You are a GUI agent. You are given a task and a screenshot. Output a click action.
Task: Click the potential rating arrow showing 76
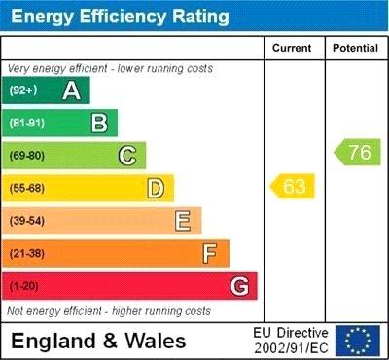coord(358,152)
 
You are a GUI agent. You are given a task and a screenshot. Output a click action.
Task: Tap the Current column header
coord(293,48)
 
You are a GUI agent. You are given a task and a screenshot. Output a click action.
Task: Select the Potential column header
coord(355,48)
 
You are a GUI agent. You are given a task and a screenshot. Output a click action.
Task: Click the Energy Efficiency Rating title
coord(120,17)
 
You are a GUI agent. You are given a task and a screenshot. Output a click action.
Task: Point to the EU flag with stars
coord(357,340)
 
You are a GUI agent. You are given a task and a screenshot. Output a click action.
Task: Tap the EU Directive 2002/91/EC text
coord(292,340)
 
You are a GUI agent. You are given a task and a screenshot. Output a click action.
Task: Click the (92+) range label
coord(22,90)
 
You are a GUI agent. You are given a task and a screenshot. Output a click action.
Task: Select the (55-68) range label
coord(28,188)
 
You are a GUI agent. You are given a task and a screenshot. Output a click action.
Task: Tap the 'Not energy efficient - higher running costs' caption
coord(109,311)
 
